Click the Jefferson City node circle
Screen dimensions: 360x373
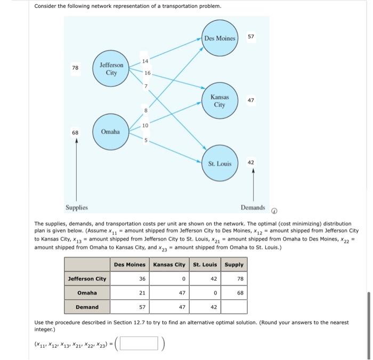[111, 69]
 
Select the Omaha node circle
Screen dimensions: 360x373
[110, 131]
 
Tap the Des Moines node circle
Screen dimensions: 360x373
[220, 38]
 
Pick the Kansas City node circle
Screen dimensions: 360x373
[220, 101]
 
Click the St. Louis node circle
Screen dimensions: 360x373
[220, 163]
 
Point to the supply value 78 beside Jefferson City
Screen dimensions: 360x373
[76, 68]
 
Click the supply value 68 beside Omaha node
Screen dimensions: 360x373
[76, 132]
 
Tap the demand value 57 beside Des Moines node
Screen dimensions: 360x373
[251, 37]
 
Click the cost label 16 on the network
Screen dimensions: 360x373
[148, 73]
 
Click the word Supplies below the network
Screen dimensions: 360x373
[77, 207]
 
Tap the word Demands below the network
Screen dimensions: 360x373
[253, 207]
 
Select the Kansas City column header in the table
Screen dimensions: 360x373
[169, 264]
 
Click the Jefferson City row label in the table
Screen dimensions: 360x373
[87, 278]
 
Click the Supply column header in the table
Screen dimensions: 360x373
[234, 264]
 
